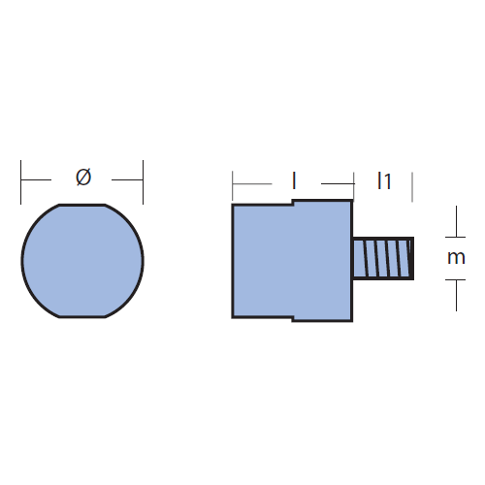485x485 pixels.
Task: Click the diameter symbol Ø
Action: pyautogui.click(x=83, y=178)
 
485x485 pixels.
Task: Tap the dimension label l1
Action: pyautogui.click(x=384, y=180)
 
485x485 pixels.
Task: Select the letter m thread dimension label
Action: pyautogui.click(x=456, y=258)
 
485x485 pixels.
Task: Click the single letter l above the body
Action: pyautogui.click(x=294, y=180)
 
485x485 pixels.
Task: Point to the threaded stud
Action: pyautogui.click(x=383, y=258)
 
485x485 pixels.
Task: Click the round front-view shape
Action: pyautogui.click(x=82, y=261)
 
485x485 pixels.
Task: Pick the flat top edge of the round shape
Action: pyautogui.click(x=82, y=205)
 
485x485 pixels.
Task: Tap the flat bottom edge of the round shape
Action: pyautogui.click(x=82, y=316)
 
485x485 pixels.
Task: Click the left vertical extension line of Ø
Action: pyautogui.click(x=21, y=182)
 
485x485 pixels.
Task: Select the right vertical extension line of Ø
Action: pyautogui.click(x=143, y=182)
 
